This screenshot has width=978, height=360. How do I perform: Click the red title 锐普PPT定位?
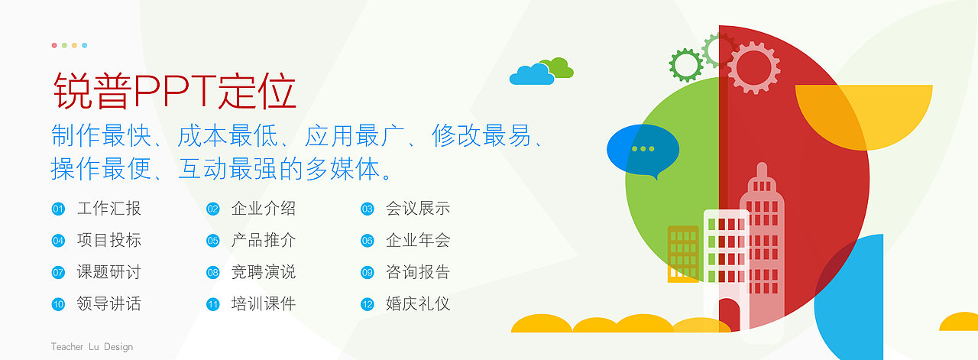click(x=175, y=92)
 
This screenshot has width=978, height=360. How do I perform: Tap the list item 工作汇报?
click(x=109, y=209)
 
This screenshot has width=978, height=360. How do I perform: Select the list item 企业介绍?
click(x=264, y=209)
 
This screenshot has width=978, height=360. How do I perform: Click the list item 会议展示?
click(x=418, y=209)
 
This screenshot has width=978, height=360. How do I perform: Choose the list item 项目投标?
click(x=109, y=240)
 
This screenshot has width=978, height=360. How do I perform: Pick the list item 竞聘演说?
click(x=264, y=272)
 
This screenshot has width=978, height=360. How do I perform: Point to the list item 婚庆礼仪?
click(x=418, y=304)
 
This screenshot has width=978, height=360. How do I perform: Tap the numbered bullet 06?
click(x=368, y=241)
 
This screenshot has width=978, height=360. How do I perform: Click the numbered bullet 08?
click(x=213, y=273)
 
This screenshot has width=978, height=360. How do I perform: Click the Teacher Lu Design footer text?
click(x=92, y=347)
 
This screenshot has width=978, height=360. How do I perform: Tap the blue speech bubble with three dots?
click(x=642, y=148)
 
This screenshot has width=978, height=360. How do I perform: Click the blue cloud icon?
click(x=532, y=75)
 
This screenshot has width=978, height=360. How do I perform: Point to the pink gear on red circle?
click(x=753, y=67)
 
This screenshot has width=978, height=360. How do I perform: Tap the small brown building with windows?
click(x=683, y=252)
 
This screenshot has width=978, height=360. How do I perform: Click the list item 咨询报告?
click(x=418, y=272)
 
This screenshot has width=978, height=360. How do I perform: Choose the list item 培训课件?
click(x=264, y=304)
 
